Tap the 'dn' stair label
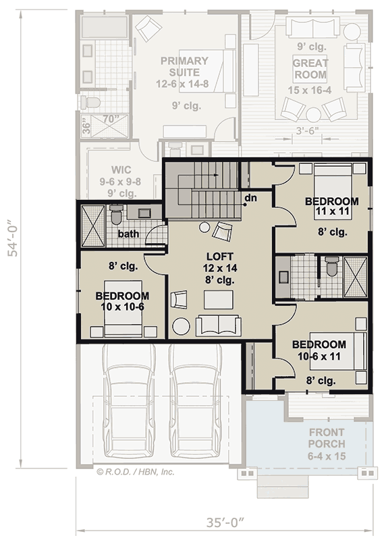(x=250, y=198)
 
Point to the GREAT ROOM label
(x=310, y=69)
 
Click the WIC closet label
(x=121, y=169)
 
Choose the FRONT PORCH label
(x=326, y=438)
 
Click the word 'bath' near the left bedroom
(x=128, y=234)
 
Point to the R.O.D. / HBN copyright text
(x=136, y=472)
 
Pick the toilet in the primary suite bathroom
(x=90, y=101)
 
